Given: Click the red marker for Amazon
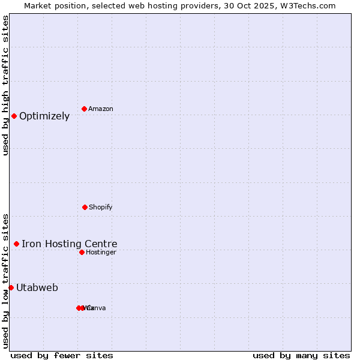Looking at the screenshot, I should (84, 109).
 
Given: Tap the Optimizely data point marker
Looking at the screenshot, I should (14, 116).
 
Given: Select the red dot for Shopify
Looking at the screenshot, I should (85, 207).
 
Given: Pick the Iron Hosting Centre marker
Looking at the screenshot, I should (16, 244).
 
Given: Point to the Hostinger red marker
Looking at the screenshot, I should (82, 252).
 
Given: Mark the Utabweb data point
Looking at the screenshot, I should (11, 287).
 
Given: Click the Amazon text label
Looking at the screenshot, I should (101, 109).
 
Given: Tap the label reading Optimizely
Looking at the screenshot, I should (44, 116).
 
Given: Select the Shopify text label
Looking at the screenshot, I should (101, 207).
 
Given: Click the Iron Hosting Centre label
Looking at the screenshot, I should (70, 244).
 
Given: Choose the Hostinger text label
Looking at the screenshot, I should (101, 252).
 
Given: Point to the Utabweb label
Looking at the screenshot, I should (37, 288).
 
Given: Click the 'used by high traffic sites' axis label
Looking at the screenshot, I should (5, 85).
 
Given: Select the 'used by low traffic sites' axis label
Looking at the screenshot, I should (5, 280).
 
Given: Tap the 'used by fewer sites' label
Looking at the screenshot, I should (62, 356).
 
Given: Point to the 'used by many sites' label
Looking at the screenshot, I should (301, 356).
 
